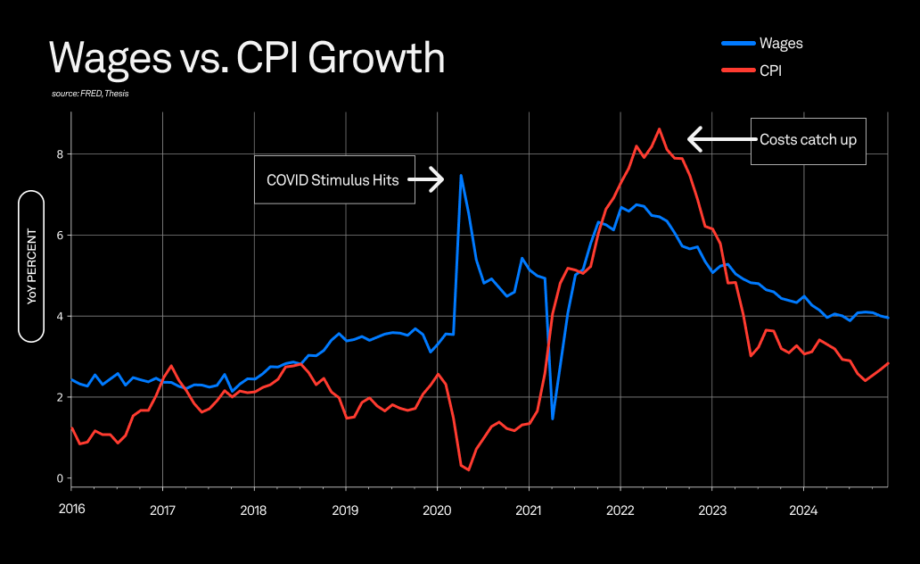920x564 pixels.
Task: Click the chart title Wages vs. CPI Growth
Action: [x=246, y=58]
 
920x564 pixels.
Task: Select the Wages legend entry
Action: [x=768, y=43]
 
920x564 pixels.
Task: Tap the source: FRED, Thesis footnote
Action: [x=90, y=94]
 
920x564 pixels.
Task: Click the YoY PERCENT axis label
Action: [x=31, y=266]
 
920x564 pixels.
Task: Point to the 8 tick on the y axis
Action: [x=60, y=154]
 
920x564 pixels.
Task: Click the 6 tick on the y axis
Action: [x=60, y=236]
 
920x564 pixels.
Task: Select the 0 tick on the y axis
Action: [x=60, y=478]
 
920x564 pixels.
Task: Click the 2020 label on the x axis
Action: [x=437, y=511]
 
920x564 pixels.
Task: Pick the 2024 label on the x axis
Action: [x=803, y=511]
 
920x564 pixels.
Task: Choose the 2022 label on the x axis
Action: [x=620, y=511]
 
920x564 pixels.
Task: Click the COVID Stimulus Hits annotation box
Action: [x=334, y=179]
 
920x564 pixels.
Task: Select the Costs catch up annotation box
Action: [x=808, y=140]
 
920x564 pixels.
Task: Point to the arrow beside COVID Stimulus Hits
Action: [x=427, y=179]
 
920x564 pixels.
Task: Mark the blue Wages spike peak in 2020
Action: [x=461, y=175]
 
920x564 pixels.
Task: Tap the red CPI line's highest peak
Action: [x=659, y=129]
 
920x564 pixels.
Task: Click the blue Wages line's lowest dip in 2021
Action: [x=553, y=419]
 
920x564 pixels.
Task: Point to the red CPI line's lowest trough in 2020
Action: [x=469, y=469]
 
